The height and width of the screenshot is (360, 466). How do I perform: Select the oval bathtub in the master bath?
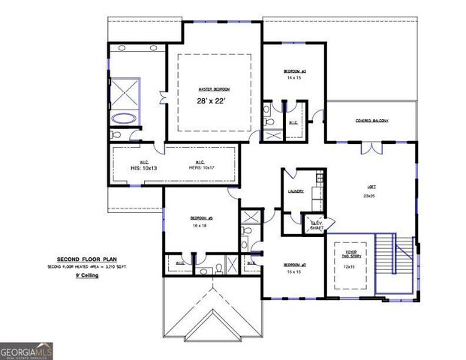(x=124, y=118)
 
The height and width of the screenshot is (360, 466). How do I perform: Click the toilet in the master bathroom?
(x=116, y=135)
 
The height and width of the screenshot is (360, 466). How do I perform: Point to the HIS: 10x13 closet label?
(x=143, y=168)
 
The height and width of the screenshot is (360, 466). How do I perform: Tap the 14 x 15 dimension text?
(x=294, y=77)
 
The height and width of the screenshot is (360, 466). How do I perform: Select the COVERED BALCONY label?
(x=371, y=120)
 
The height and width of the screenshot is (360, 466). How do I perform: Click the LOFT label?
(x=371, y=187)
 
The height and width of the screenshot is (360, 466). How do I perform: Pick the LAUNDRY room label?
(x=296, y=191)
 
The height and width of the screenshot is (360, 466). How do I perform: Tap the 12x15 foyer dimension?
(x=348, y=266)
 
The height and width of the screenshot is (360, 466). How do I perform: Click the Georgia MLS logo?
(x=26, y=350)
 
